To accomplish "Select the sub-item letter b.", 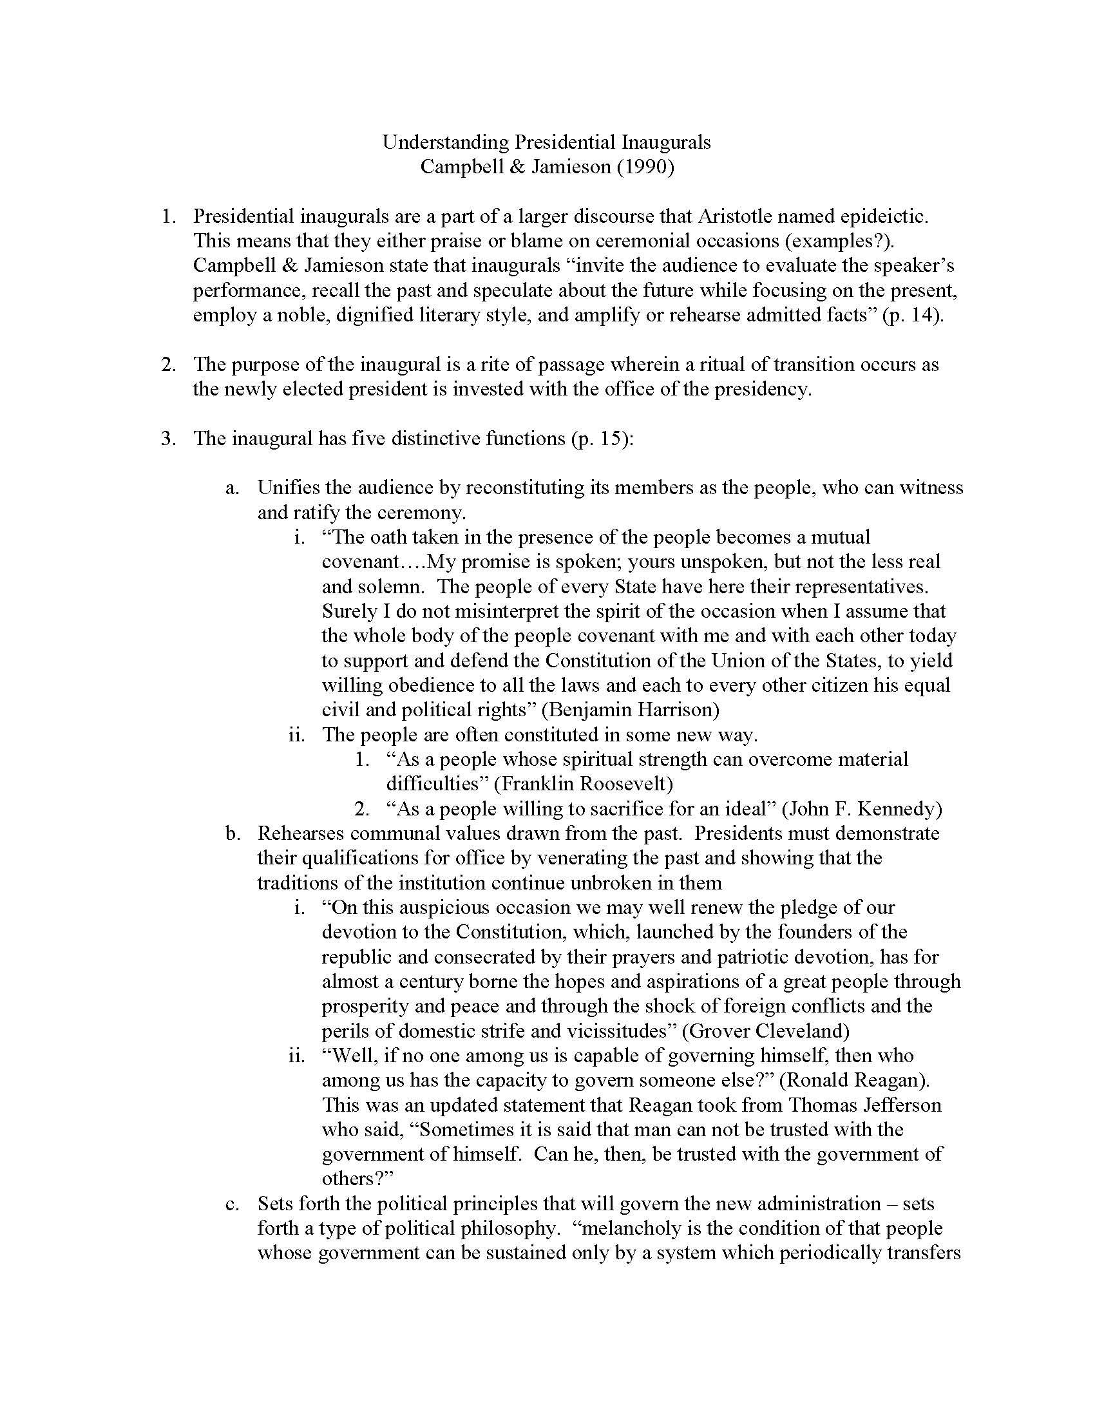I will pyautogui.click(x=233, y=833).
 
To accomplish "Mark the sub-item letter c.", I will pyautogui.click(x=233, y=1204).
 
